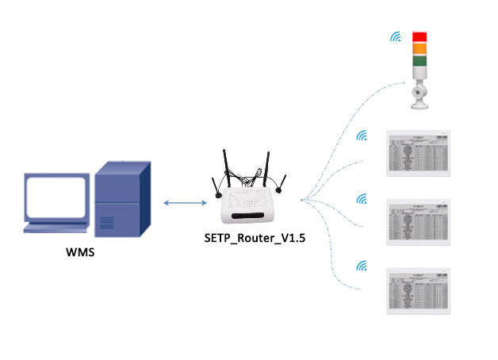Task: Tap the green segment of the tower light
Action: (x=419, y=61)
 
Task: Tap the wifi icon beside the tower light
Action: (x=394, y=36)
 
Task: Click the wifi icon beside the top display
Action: (x=362, y=136)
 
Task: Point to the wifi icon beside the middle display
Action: (x=362, y=197)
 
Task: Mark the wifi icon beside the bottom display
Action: (x=362, y=266)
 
